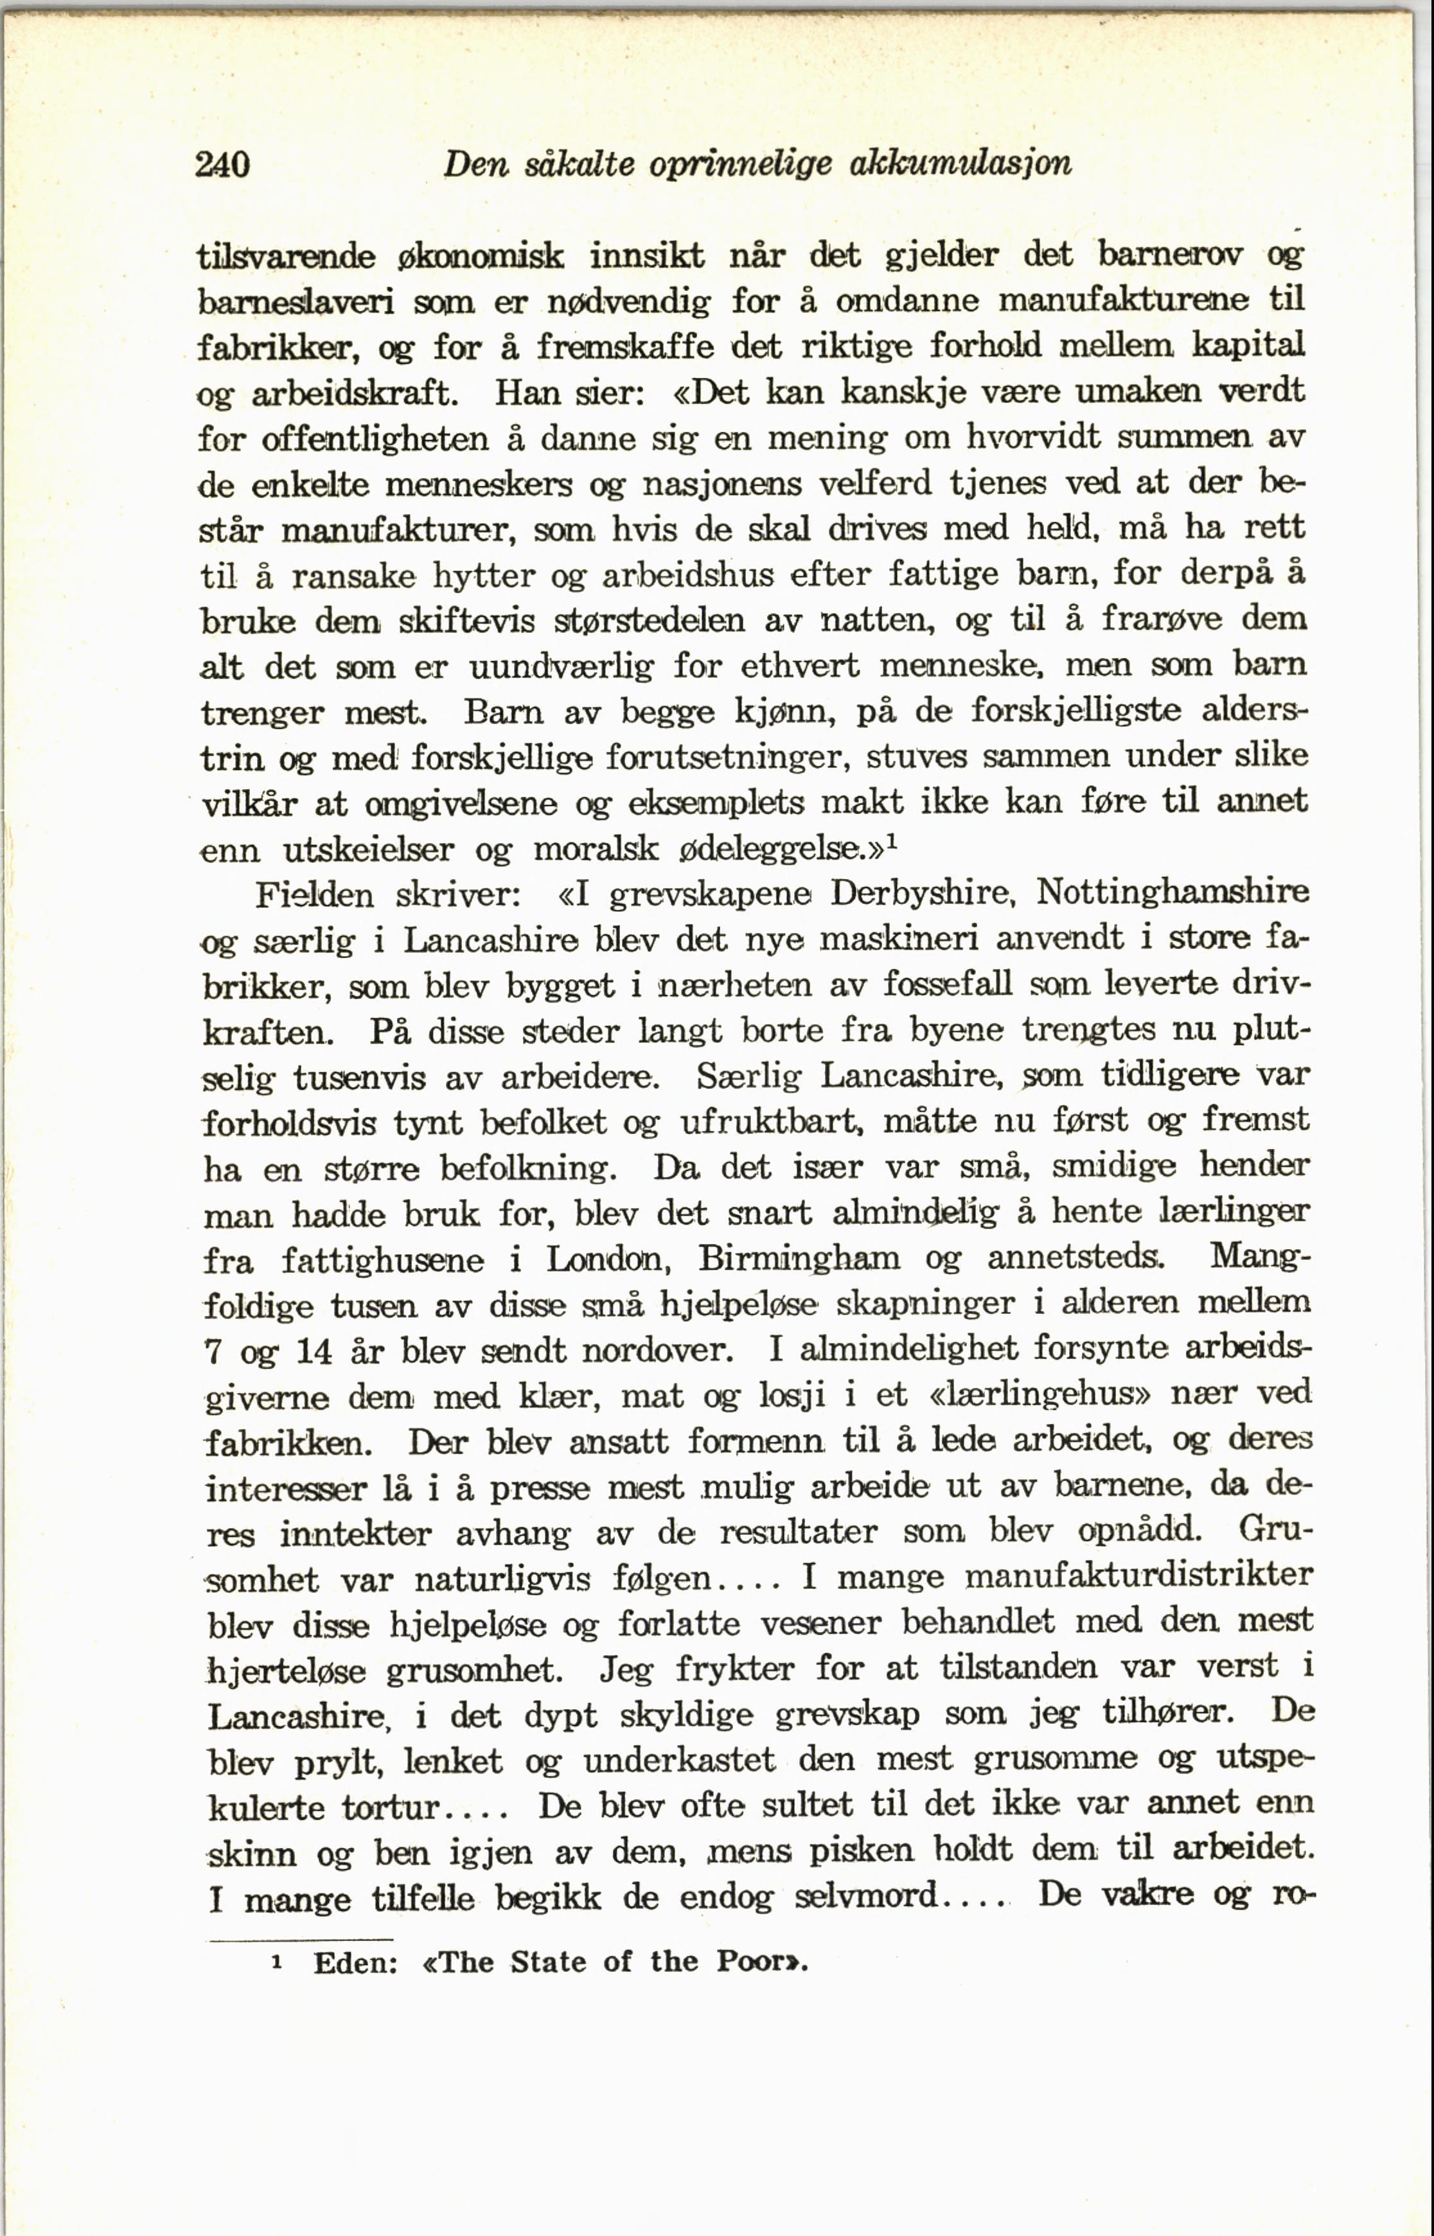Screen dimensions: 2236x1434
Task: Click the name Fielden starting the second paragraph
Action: [x=314, y=896]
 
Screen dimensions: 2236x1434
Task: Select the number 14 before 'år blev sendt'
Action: [x=314, y=1351]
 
